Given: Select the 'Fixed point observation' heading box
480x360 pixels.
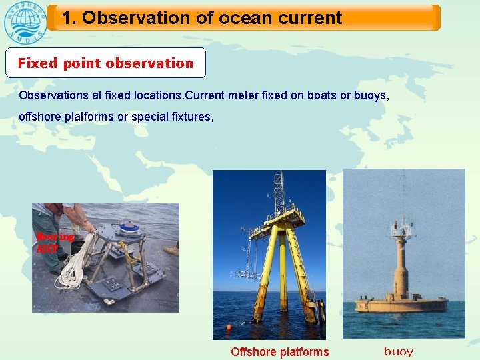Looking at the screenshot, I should pyautogui.click(x=105, y=63).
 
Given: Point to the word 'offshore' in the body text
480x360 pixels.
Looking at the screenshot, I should pyautogui.click(x=38, y=117).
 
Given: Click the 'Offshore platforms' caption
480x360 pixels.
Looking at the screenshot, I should pyautogui.click(x=279, y=352).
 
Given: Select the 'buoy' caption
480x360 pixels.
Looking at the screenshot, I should pyautogui.click(x=399, y=351).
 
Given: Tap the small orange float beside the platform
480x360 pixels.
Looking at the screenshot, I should pyautogui.click(x=229, y=327).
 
